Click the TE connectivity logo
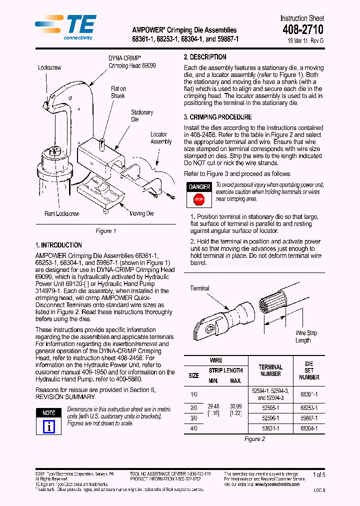click(x=65, y=27)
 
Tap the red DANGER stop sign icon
click(x=199, y=199)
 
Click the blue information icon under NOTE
click(x=49, y=426)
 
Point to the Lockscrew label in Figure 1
click(x=49, y=67)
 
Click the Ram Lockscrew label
click(x=61, y=213)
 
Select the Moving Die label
click(x=141, y=213)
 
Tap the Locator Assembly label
click(x=161, y=138)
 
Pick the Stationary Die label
click(x=142, y=116)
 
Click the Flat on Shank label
click(x=118, y=92)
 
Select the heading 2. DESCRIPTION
click(x=205, y=57)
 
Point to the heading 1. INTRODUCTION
click(x=58, y=245)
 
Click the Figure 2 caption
click(x=254, y=439)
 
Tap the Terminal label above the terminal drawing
click(x=199, y=288)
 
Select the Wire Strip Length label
click(x=306, y=336)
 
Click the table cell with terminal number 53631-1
click(x=270, y=428)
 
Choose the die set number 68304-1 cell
click(x=309, y=428)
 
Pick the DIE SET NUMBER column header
click(x=309, y=370)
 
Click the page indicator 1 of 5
click(x=318, y=474)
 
